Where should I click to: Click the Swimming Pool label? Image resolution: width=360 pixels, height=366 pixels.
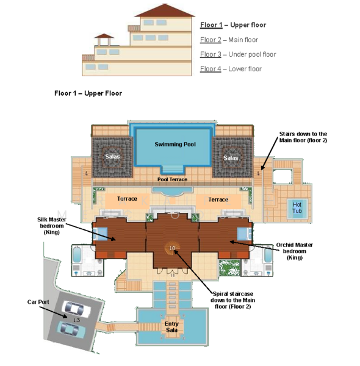[175, 144]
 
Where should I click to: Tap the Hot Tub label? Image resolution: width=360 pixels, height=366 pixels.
[297, 208]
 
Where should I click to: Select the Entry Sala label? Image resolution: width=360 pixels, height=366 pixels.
[171, 327]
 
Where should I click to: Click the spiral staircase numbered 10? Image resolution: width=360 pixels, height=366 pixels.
[172, 248]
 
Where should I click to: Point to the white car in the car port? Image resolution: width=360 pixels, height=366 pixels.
[76, 309]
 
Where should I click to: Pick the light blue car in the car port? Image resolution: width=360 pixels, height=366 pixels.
[71, 328]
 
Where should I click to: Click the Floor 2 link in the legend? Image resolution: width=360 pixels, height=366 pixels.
[211, 40]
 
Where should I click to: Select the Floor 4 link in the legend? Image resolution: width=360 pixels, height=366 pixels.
[211, 69]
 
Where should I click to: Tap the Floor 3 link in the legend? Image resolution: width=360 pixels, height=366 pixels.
[211, 54]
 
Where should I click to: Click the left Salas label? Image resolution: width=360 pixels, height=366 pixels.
[112, 156]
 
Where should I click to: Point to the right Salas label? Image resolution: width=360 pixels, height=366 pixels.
[231, 158]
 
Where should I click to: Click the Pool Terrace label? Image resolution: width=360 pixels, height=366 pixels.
[172, 179]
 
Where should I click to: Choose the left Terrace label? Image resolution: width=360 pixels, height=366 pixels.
[127, 199]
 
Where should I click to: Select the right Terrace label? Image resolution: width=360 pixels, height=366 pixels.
[218, 199]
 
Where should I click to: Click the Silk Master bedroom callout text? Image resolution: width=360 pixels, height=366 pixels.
[52, 226]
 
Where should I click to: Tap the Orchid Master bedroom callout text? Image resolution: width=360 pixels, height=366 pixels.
[294, 251]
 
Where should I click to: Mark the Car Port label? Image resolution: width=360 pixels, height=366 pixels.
[38, 302]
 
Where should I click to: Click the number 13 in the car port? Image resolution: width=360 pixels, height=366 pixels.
[76, 320]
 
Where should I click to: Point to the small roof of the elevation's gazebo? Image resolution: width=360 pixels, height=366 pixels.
[104, 36]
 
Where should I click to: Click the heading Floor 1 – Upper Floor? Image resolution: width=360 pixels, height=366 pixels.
[88, 93]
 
